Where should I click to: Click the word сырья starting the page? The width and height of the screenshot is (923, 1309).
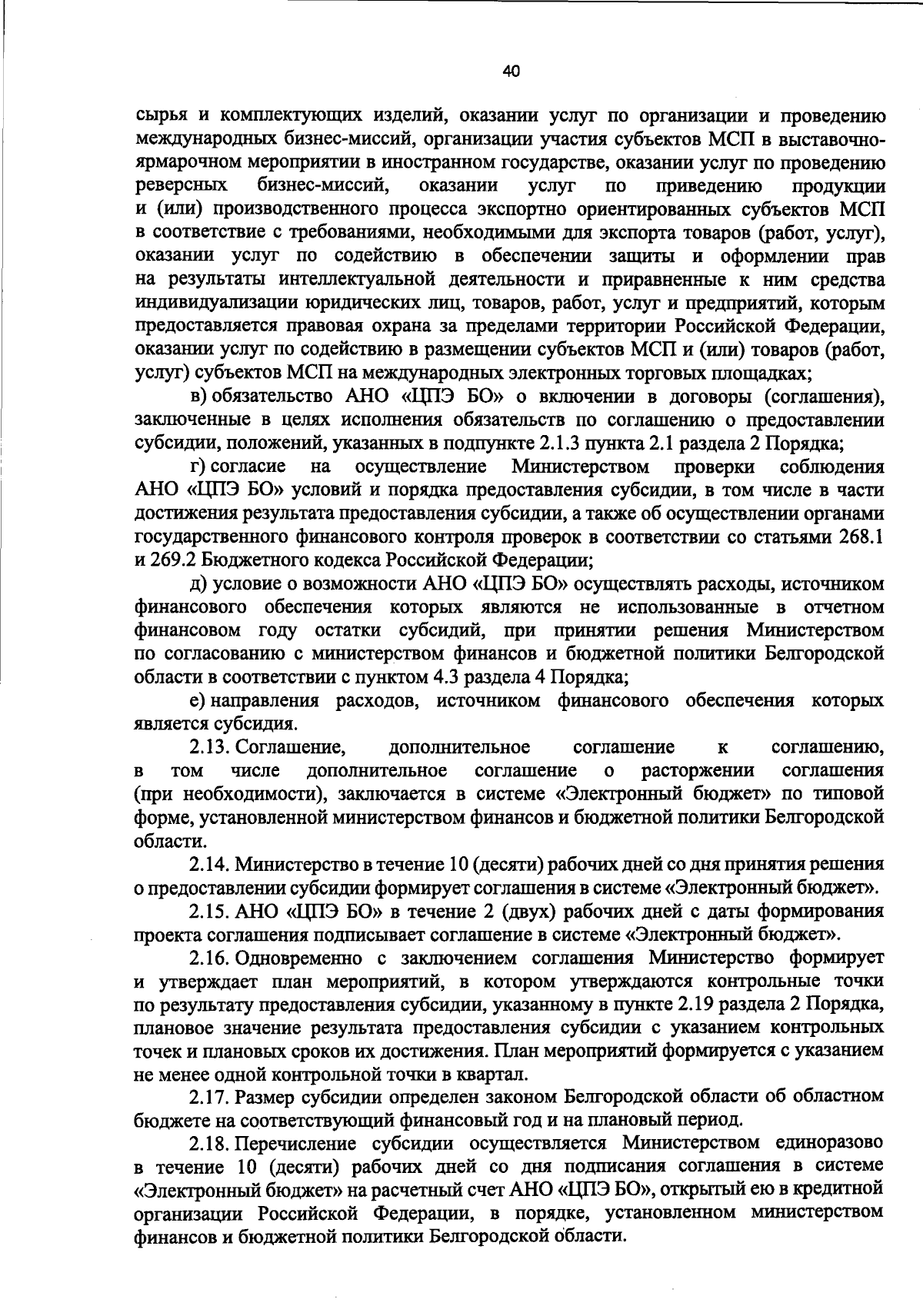[159, 117]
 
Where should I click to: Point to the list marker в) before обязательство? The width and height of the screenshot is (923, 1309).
[199, 397]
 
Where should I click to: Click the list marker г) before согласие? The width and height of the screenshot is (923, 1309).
[198, 467]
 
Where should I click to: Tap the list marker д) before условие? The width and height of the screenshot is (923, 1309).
[199, 583]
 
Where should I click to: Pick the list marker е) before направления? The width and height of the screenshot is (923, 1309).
[198, 700]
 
